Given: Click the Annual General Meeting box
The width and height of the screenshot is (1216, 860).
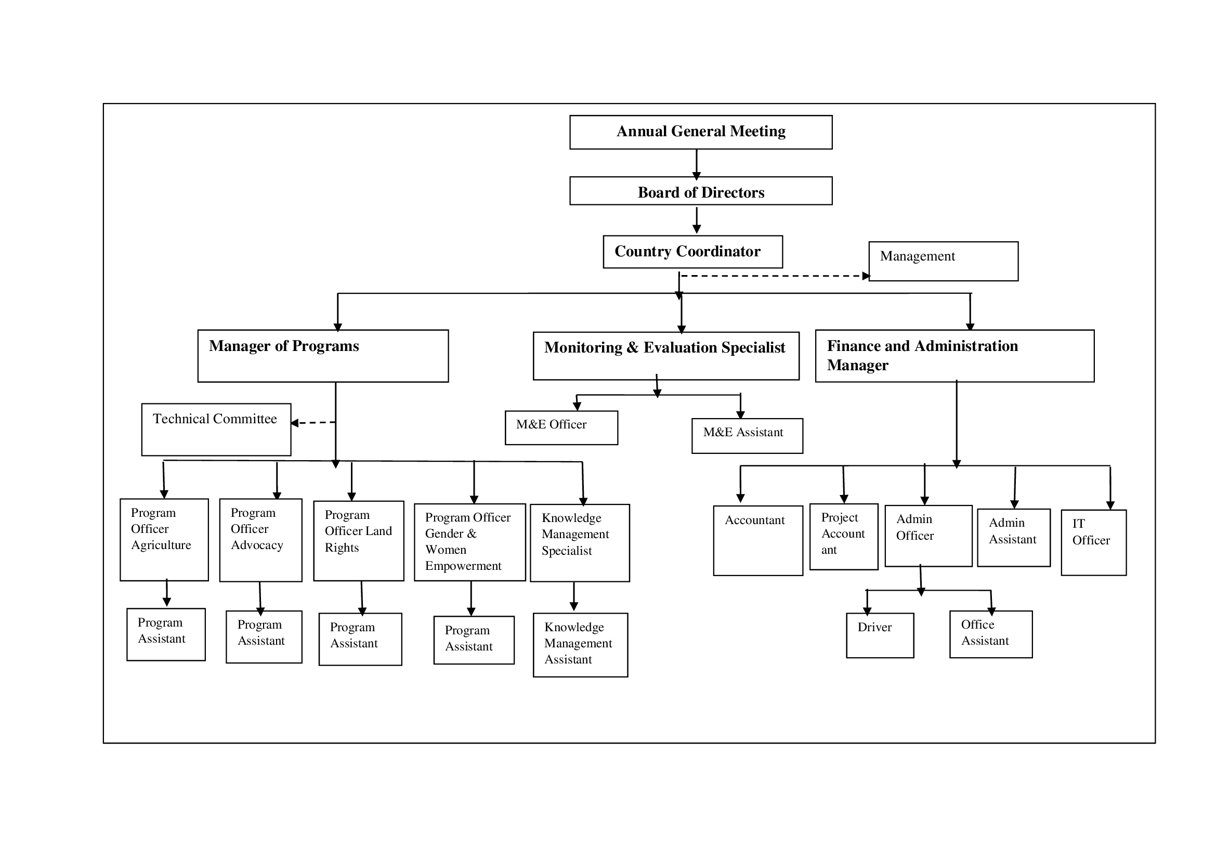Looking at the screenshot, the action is coord(701,132).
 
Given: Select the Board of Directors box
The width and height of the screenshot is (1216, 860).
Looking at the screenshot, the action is coord(701,191).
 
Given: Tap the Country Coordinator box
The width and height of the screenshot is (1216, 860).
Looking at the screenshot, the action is coord(692,252).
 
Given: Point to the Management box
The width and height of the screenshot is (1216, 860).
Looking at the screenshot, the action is coord(943,261).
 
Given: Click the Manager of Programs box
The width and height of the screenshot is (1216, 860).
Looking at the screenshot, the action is coord(323,356).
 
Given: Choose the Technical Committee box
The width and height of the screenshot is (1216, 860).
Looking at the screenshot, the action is coord(216,429).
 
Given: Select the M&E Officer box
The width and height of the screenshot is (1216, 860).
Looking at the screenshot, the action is coord(561,427).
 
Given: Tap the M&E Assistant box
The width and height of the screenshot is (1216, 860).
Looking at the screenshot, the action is coord(747,436).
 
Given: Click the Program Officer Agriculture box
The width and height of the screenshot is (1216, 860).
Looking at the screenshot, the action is coord(164,540).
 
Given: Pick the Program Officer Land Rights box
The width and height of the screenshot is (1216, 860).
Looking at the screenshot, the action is coord(359,541).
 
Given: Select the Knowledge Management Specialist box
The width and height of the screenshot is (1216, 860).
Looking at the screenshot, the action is coord(580,543).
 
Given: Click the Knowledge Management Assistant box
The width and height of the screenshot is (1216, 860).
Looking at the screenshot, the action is coord(581,645).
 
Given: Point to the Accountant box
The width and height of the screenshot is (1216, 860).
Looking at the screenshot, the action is coord(758,540).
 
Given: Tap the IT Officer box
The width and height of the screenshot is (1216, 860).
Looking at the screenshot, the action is coord(1094,542).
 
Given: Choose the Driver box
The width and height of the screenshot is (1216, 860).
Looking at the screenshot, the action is coord(880,635).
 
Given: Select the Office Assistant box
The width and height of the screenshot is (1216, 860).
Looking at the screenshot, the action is coord(991,634).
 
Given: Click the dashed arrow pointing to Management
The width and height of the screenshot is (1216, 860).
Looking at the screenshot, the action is coord(775,276).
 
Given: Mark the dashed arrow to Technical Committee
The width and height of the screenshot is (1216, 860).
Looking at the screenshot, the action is coord(313,423).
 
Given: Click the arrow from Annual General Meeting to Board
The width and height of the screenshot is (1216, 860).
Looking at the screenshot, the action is coord(697,165).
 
